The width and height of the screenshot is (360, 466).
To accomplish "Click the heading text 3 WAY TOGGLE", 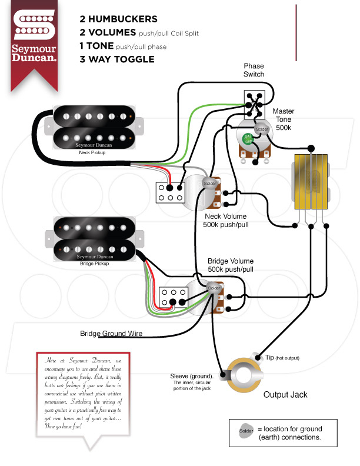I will (117, 59).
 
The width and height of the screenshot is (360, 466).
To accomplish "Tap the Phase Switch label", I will (254, 71).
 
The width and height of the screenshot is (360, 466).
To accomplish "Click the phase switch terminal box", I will (254, 102).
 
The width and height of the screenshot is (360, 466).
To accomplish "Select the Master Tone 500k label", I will (283, 119).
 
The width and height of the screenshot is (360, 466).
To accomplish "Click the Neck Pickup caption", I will (92, 152).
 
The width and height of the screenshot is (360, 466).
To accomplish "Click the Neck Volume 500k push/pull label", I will (225, 220).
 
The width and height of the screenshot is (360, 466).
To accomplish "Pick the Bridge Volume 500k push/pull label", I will (230, 265).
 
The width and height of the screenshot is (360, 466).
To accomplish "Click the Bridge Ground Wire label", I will (111, 334).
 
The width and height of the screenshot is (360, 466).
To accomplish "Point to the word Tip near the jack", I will (269, 358).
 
